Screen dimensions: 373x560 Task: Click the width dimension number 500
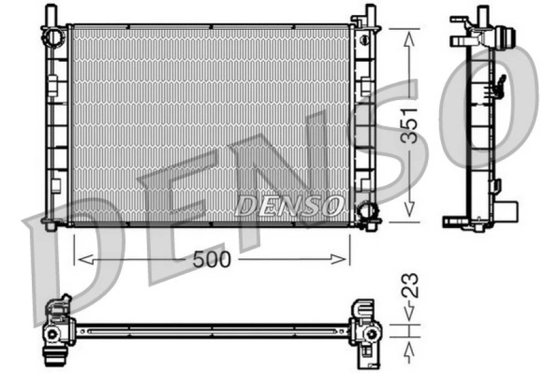coord(212,259)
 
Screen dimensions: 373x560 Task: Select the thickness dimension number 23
coord(409,287)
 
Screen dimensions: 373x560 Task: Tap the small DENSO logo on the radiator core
coord(289,206)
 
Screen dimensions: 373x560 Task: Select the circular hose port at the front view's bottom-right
coord(367,211)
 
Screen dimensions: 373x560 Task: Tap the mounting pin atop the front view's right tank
coord(369,13)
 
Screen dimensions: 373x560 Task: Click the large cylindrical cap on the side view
coord(504,38)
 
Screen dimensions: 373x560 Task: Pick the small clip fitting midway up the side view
coord(500,83)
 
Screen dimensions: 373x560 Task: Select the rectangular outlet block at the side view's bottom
coord(507,211)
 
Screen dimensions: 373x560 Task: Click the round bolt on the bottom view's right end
coord(371,333)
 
